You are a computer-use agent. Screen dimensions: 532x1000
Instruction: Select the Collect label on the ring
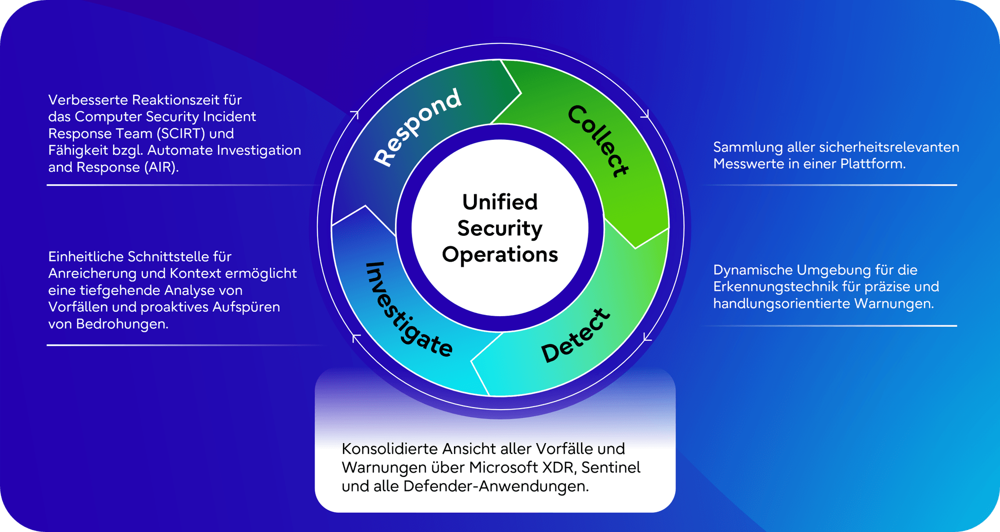(598, 140)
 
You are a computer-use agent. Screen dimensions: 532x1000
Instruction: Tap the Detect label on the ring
(575, 335)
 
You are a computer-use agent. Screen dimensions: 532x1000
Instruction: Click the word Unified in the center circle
(499, 202)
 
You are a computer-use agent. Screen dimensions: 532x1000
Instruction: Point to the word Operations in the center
(499, 255)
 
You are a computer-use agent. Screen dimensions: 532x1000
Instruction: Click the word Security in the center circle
(499, 228)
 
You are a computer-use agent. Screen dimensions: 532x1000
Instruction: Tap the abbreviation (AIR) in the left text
(161, 167)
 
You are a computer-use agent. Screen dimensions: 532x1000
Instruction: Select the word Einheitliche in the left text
(86, 257)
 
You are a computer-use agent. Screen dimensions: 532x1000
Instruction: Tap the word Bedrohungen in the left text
(122, 324)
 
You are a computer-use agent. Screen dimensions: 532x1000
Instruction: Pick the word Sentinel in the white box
(610, 468)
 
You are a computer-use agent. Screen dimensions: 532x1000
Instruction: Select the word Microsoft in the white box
(503, 468)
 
